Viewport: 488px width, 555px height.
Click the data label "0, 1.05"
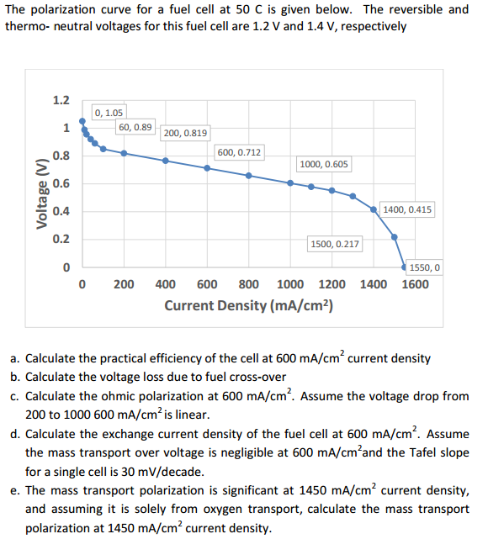[x=109, y=112]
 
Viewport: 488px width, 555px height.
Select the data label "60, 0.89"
[x=135, y=127]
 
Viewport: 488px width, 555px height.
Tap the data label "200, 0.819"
[x=185, y=133]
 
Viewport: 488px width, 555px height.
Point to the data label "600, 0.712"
[x=240, y=152]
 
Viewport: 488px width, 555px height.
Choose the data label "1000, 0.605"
[x=324, y=164]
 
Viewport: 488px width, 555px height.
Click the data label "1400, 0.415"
[x=407, y=209]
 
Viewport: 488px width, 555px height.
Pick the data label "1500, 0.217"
[x=335, y=244]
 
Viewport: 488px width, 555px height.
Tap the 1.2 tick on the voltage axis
[x=61, y=101]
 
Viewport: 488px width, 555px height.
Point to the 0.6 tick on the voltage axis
[x=61, y=183]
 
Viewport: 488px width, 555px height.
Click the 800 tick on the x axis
[x=248, y=284]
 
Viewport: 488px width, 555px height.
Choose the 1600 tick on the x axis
[x=414, y=284]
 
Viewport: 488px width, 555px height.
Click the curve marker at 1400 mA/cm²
[x=373, y=210]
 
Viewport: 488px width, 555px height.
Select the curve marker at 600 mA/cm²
[x=207, y=168]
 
